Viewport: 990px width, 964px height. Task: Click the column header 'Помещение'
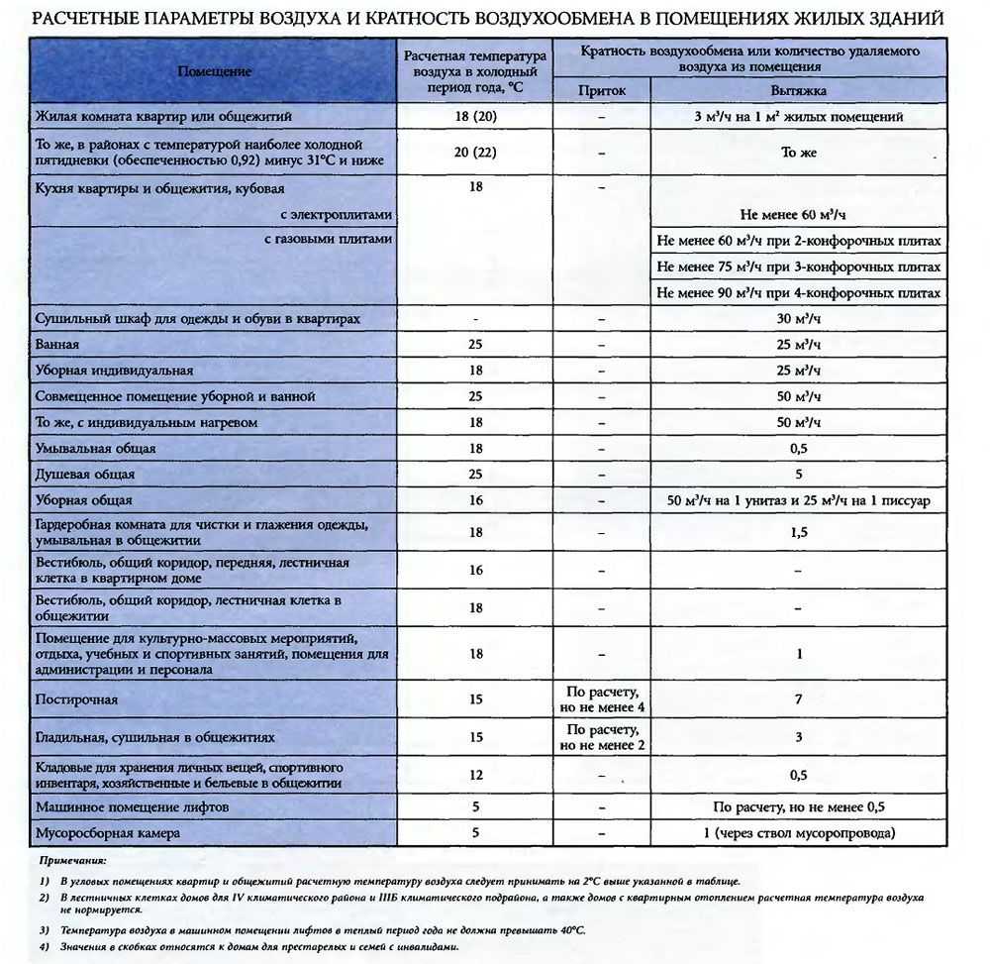[215, 71]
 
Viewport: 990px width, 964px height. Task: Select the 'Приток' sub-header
[602, 90]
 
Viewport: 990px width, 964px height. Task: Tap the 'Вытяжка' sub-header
[799, 90]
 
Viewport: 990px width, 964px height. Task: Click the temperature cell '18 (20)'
[475, 117]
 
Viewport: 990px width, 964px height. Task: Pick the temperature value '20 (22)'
[475, 153]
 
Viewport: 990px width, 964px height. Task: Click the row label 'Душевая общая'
[85, 475]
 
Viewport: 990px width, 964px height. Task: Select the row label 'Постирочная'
[76, 699]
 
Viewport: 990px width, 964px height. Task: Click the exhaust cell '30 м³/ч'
[799, 318]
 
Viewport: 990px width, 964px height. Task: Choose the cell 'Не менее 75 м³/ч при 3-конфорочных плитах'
[799, 267]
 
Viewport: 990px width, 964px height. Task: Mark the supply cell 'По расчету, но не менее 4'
[602, 699]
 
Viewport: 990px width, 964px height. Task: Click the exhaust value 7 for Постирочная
[799, 699]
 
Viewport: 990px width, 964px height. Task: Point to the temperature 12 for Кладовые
[475, 774]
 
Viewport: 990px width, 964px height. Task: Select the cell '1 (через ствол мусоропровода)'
[799, 833]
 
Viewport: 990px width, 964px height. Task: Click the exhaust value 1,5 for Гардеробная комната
[799, 533]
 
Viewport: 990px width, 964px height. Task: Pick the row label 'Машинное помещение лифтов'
[133, 807]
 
